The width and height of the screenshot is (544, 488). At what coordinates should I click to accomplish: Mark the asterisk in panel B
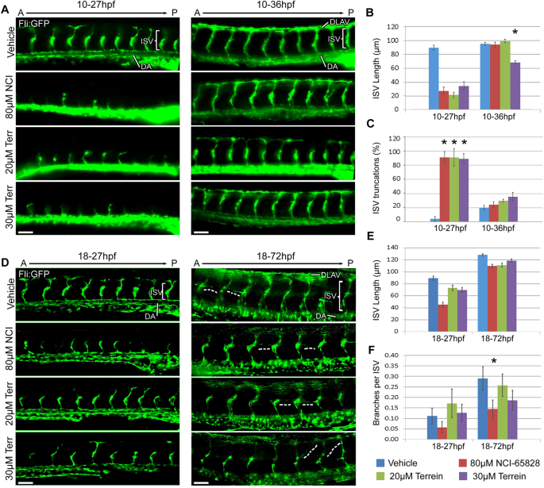tap(515, 33)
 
